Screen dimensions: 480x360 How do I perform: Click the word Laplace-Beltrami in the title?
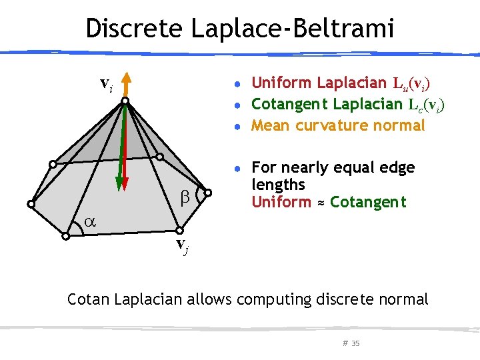(x=293, y=28)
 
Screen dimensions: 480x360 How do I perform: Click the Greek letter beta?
(x=186, y=197)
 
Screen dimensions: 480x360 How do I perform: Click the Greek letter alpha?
(x=89, y=224)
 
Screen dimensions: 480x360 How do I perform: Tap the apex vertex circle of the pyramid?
(x=125, y=101)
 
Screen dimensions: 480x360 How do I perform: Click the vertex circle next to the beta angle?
(x=207, y=193)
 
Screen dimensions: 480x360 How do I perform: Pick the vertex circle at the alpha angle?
(x=65, y=236)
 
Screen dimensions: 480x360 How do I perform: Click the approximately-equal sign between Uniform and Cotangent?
(x=321, y=202)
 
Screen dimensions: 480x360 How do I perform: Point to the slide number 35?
(x=355, y=343)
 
